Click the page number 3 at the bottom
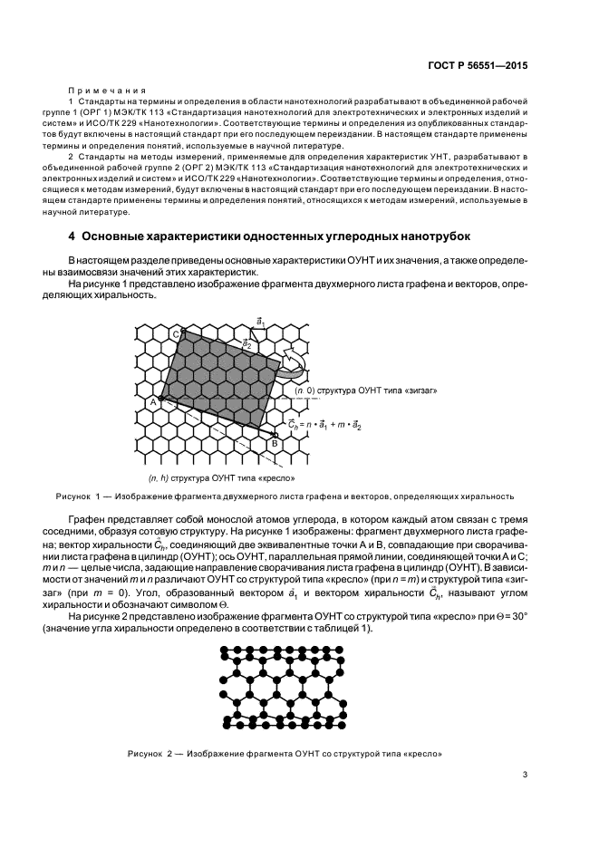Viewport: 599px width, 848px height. pos(525,773)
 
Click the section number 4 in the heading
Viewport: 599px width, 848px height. pos(72,237)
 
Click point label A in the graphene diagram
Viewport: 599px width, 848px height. pos(152,401)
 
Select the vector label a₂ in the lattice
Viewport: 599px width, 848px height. pos(247,344)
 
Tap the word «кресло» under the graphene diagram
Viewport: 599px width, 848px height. pos(279,477)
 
